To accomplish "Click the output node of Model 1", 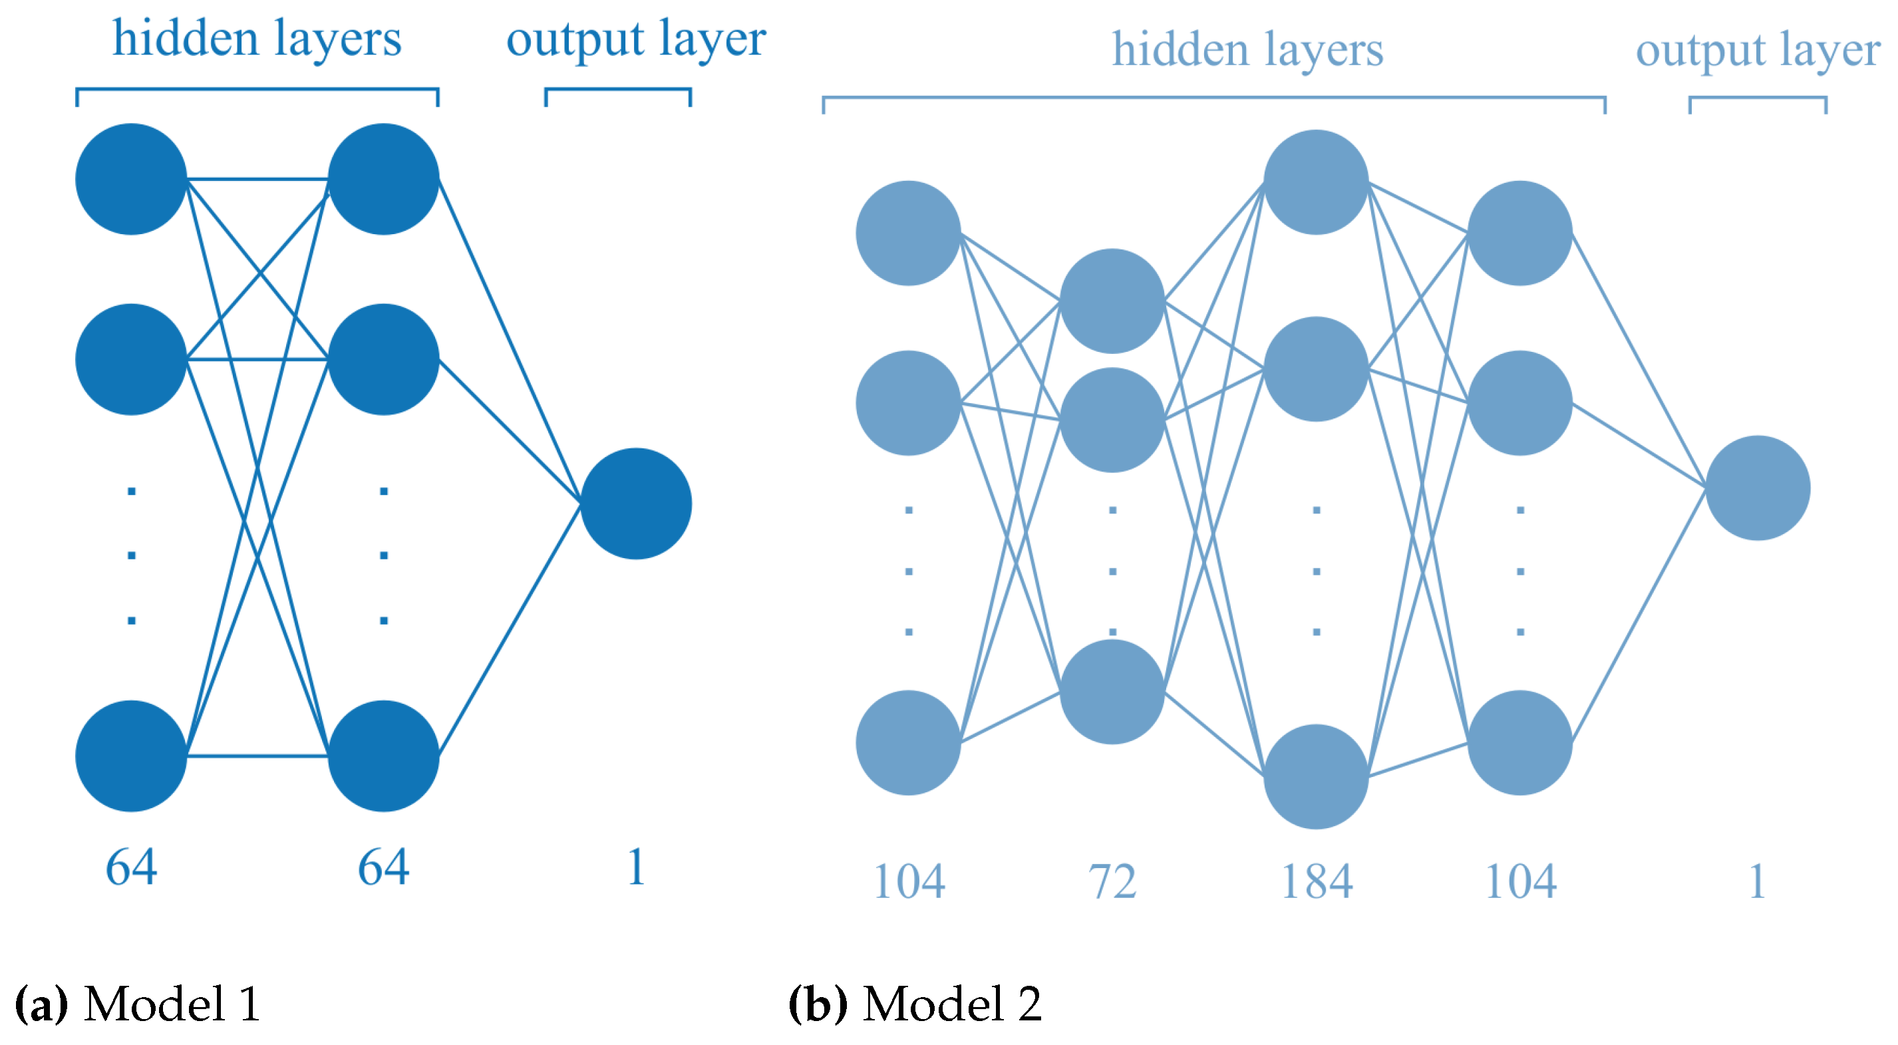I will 636,504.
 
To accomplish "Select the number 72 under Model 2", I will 1112,881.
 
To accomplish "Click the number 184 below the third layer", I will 1317,881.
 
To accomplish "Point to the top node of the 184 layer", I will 1316,182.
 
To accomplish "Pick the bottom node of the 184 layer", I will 1316,776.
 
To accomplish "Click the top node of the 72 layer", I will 1112,301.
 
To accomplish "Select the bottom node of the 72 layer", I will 1112,691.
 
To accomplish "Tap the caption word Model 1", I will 172,1004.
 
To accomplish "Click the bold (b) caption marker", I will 817,1004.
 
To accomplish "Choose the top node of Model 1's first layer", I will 131,179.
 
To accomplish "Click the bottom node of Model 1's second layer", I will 383,756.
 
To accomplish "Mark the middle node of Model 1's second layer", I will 383,360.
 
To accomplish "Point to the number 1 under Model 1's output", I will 636,867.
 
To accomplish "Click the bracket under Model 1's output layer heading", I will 617,90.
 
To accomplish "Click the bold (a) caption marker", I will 41,1004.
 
